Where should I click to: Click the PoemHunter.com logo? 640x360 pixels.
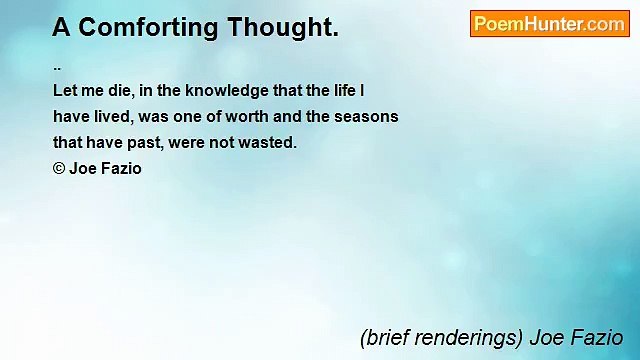click(549, 24)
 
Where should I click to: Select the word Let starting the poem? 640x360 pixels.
click(65, 89)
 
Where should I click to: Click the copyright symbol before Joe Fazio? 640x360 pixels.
click(59, 169)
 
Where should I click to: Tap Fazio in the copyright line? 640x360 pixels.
click(121, 169)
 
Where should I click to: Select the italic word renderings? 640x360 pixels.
click(463, 338)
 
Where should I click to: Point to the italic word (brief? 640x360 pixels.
click(383, 338)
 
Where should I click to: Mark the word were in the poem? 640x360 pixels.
click(187, 143)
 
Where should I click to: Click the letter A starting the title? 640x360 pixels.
click(61, 28)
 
